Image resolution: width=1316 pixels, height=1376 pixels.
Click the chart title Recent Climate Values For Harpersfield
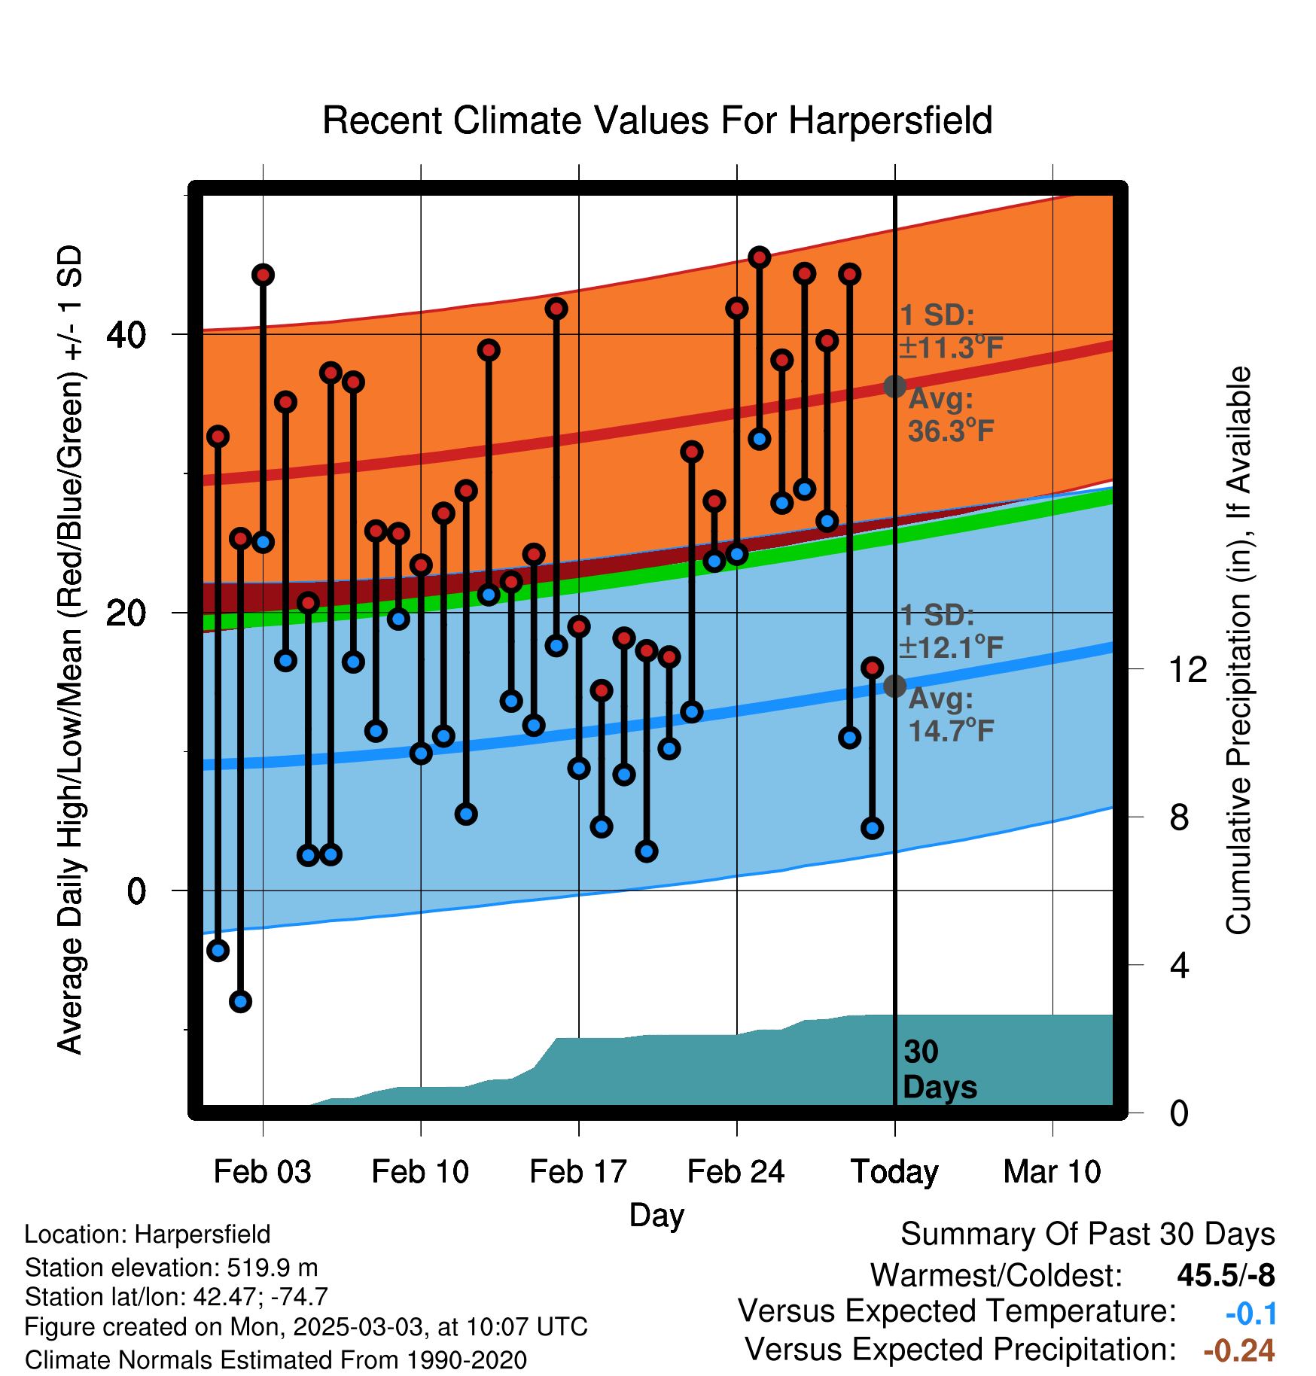(x=657, y=120)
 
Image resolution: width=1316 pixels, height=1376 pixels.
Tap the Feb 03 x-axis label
(x=262, y=1172)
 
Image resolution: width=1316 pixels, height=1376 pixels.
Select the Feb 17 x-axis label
(x=578, y=1172)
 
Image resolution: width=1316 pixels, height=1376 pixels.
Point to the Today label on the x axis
(x=894, y=1173)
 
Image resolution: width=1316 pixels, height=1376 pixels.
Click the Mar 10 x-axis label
(x=1052, y=1172)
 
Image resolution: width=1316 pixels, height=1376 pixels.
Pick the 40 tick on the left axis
(x=126, y=334)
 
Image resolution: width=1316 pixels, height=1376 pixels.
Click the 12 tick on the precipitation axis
(x=1188, y=669)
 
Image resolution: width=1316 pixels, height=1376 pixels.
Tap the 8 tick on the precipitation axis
(x=1180, y=817)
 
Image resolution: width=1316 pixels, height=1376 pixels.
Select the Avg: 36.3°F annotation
(x=950, y=415)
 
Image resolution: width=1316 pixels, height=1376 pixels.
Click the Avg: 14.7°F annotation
(x=950, y=714)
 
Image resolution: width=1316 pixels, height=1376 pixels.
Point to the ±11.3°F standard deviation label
(x=952, y=348)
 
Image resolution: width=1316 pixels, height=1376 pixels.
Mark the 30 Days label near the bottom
(x=940, y=1070)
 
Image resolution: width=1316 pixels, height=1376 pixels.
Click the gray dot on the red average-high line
(x=894, y=386)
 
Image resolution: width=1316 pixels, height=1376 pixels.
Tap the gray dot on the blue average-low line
(x=894, y=686)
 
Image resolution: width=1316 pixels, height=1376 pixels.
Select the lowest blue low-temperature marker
(x=240, y=1001)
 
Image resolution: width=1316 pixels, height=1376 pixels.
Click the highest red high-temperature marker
(x=759, y=257)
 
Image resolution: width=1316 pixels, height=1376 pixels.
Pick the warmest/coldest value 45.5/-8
(x=1226, y=1275)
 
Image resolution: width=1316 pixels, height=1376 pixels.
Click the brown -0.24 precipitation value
(x=1239, y=1350)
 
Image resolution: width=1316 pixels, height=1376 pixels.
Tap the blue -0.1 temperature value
(x=1251, y=1314)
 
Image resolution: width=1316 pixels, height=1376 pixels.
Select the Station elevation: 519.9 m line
(x=171, y=1268)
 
